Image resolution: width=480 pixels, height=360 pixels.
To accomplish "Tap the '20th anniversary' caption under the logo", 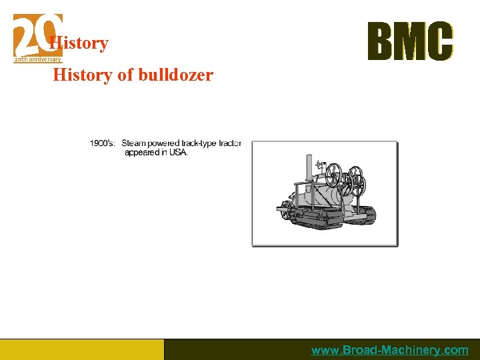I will pyautogui.click(x=37, y=59).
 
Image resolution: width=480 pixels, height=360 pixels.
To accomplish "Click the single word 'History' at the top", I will pyautogui.click(x=79, y=43).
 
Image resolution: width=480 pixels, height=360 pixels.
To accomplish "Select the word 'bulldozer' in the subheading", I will pyautogui.click(x=176, y=75).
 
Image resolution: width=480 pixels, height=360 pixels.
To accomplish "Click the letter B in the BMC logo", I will pyautogui.click(x=382, y=41).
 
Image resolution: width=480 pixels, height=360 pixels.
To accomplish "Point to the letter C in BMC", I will pyautogui.click(x=439, y=41).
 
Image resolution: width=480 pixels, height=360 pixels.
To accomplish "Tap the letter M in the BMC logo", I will pyautogui.click(x=411, y=41).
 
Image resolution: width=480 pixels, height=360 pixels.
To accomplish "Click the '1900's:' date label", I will pyautogui.click(x=103, y=143).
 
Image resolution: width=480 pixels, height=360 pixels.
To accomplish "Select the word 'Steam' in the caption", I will pyautogui.click(x=133, y=143).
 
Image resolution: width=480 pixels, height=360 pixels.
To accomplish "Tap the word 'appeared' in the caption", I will pyautogui.click(x=142, y=152).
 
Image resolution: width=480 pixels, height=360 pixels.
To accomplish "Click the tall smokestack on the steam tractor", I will pyautogui.click(x=309, y=170).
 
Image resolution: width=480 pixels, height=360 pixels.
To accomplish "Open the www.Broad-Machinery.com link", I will pyautogui.click(x=390, y=350).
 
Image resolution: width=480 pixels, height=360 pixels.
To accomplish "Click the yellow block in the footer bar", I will pyautogui.click(x=81, y=349).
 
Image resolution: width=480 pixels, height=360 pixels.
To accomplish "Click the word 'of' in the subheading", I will pyautogui.click(x=125, y=75).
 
